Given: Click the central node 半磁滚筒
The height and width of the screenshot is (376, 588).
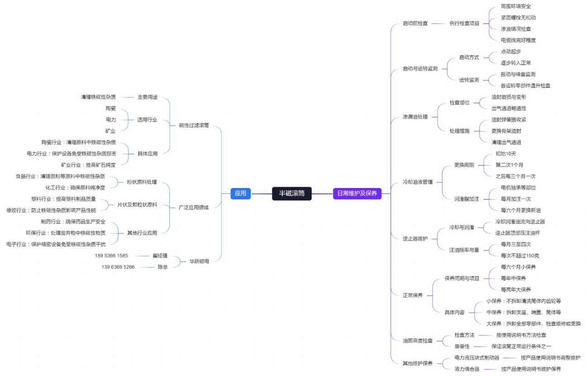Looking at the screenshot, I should [292, 193].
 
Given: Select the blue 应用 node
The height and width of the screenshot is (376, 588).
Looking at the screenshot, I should [240, 193].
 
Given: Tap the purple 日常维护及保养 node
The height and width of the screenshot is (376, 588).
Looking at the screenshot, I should [357, 193].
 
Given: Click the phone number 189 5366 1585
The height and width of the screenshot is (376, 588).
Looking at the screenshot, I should [111, 256].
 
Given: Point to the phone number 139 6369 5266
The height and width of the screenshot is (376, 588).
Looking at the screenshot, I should [118, 267].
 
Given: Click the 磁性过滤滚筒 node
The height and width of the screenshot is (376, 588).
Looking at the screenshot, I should [194, 125].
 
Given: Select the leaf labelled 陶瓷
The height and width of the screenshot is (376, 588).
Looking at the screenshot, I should [111, 108].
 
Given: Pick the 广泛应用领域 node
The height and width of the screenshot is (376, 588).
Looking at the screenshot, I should [194, 207].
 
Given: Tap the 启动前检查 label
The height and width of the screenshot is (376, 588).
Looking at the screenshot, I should [415, 23].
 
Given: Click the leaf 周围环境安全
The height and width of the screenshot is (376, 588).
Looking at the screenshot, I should [516, 6].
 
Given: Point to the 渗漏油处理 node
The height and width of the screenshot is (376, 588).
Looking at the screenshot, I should [415, 117].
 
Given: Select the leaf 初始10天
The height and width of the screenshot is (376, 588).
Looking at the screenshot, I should [505, 154].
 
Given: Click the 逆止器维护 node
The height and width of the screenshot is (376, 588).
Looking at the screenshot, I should [415, 239].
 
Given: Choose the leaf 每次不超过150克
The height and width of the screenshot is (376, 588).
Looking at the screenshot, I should [520, 256].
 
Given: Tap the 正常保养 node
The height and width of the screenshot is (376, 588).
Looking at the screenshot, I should [413, 296].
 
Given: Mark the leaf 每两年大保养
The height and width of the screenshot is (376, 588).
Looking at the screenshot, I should [516, 290].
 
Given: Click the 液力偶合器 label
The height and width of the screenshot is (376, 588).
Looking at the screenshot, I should [467, 369].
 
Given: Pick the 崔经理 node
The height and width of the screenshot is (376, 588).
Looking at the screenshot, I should [160, 256].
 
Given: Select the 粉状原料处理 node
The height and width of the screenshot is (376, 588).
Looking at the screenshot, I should [142, 182].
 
